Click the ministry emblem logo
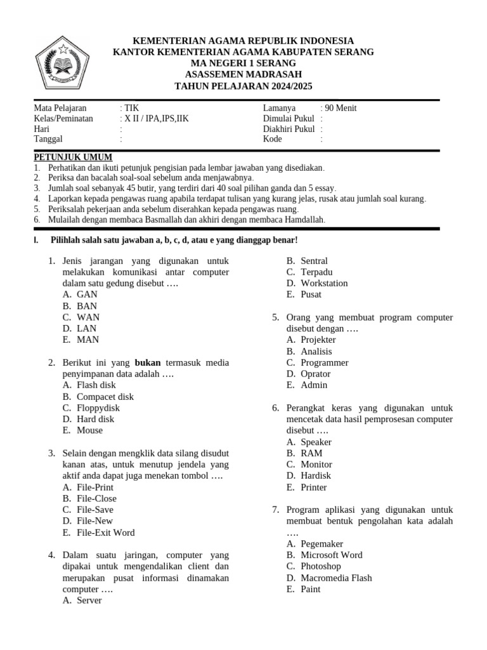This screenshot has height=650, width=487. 63,63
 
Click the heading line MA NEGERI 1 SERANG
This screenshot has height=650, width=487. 243,63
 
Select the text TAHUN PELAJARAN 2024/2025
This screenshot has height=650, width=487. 243,86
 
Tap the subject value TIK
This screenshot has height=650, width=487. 131,108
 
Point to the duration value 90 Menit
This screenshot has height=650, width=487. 341,108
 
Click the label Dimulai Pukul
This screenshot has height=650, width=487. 289,119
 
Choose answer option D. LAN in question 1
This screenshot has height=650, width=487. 81,328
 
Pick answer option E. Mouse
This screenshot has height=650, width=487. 82,430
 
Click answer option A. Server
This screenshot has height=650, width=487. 82,600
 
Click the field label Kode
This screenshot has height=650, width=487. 273,139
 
